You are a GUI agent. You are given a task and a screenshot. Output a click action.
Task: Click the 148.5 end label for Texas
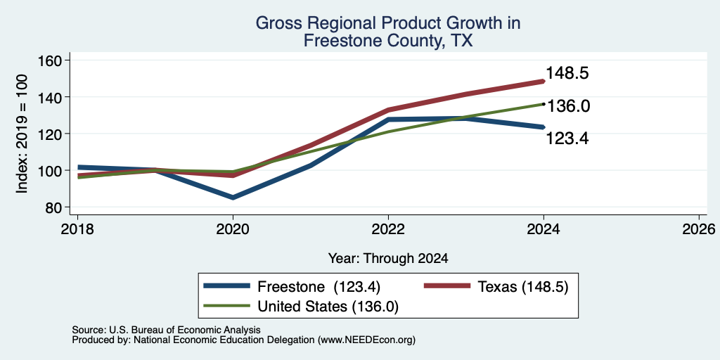coord(567,73)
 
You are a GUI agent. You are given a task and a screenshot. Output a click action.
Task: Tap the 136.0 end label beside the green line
coord(568,106)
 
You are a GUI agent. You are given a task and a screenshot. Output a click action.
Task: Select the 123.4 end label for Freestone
coord(567,139)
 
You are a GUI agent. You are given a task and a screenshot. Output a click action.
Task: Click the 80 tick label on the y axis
coord(53,207)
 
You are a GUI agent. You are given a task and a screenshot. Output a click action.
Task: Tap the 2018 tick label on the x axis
coord(77,229)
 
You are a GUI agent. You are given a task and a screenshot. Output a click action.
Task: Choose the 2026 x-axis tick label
coord(699,229)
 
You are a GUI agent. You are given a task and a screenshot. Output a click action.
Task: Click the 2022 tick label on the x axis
coord(388,229)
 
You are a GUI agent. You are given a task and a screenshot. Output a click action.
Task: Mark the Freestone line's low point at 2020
coord(233,198)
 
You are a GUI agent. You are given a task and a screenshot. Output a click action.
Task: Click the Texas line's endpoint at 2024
coord(544,82)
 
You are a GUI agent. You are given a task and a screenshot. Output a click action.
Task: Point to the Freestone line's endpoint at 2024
coord(544,127)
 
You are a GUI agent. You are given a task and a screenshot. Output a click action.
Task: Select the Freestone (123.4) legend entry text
coord(319,287)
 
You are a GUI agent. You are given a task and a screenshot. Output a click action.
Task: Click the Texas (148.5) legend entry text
coord(523,287)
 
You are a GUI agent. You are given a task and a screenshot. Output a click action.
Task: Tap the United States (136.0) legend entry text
coord(328,307)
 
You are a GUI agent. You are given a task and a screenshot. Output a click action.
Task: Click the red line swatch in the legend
coord(447,286)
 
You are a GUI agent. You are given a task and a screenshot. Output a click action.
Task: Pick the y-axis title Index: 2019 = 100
coord(22,134)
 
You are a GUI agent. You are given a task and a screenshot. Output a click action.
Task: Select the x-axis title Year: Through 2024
coord(388,259)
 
